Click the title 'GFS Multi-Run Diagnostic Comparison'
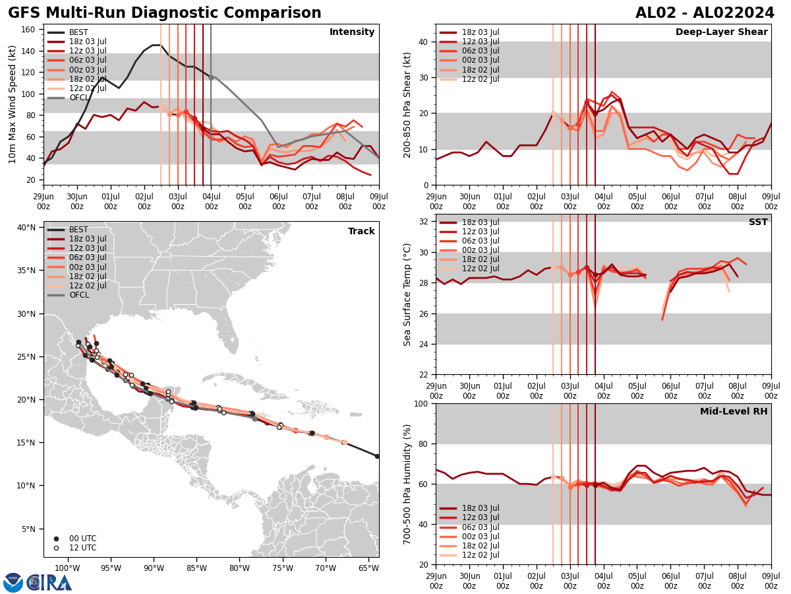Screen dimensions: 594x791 coord(165,13)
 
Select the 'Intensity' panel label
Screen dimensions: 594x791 coord(352,32)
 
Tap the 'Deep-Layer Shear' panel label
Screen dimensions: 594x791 coord(721,32)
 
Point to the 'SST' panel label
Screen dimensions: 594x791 coord(758,222)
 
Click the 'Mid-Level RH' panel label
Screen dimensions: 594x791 coord(734,412)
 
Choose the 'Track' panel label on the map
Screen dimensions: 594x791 coord(361,232)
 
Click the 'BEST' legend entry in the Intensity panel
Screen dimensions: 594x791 coord(78,32)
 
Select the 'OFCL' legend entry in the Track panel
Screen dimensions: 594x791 coord(78,295)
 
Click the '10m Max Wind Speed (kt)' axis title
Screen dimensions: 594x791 coord(13,104)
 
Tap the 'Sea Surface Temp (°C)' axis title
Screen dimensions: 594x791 coord(407,294)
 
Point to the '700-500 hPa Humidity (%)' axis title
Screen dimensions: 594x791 coord(407,484)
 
